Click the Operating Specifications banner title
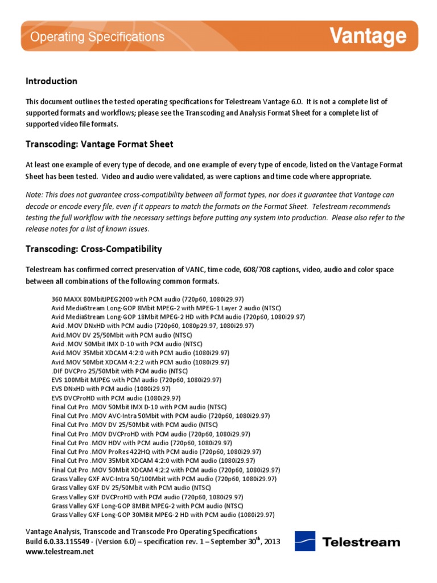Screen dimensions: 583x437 (x=97, y=37)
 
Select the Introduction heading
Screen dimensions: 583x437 (x=51, y=81)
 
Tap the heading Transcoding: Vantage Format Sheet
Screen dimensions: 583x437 (x=100, y=144)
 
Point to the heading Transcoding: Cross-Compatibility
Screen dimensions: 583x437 (x=94, y=249)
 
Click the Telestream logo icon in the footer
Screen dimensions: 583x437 (x=305, y=541)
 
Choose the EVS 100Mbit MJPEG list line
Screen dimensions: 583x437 (x=136, y=380)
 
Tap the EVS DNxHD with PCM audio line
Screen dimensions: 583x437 (x=112, y=389)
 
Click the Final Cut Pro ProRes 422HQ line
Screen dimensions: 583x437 (x=156, y=451)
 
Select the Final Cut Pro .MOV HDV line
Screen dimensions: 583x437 (x=142, y=442)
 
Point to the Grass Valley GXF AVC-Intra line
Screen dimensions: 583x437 (x=164, y=479)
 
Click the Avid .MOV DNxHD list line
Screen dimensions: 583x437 (x=152, y=326)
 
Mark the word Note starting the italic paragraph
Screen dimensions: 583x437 (x=34, y=195)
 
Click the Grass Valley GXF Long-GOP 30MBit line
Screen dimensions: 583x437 (x=163, y=515)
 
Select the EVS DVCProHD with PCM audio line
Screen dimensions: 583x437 (x=116, y=398)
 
